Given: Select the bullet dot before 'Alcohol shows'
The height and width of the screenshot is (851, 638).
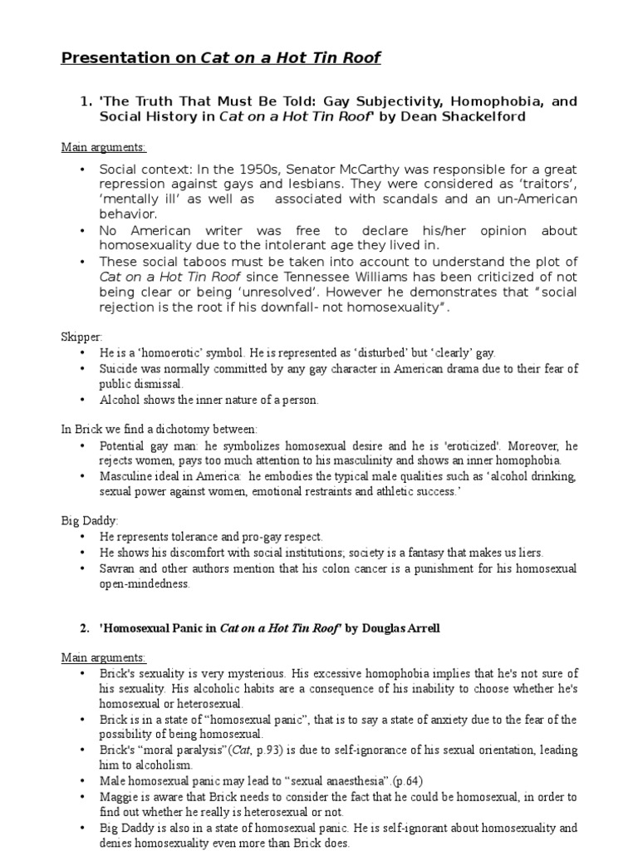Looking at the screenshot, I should point(82,400).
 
